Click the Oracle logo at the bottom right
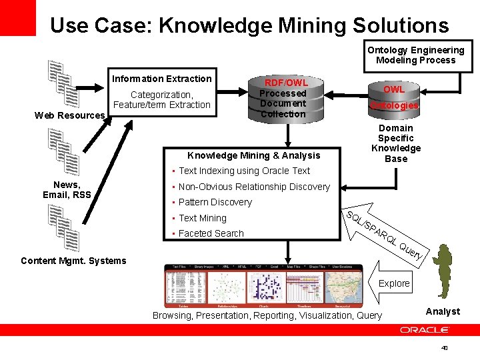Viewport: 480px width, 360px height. click(x=425, y=330)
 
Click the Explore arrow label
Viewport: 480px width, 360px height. click(x=394, y=283)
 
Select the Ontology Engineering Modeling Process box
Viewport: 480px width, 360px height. click(x=415, y=55)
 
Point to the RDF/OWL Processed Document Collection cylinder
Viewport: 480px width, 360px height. click(x=283, y=99)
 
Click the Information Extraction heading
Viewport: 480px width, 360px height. click(x=162, y=79)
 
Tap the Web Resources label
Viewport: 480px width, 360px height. click(x=69, y=115)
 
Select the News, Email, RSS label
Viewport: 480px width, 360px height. click(x=67, y=189)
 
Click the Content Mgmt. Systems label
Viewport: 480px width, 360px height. click(x=73, y=261)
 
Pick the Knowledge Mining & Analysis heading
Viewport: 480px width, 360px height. click(x=254, y=155)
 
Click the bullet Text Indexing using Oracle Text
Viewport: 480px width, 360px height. click(x=244, y=171)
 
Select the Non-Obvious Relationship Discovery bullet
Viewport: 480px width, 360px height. click(x=254, y=187)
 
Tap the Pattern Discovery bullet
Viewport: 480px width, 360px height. click(x=215, y=202)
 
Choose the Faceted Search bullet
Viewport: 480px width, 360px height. click(x=211, y=233)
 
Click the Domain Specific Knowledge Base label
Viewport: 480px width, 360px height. click(x=396, y=143)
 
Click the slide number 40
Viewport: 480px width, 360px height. click(x=444, y=348)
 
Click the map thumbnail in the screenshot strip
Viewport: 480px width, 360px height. click(x=342, y=287)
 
